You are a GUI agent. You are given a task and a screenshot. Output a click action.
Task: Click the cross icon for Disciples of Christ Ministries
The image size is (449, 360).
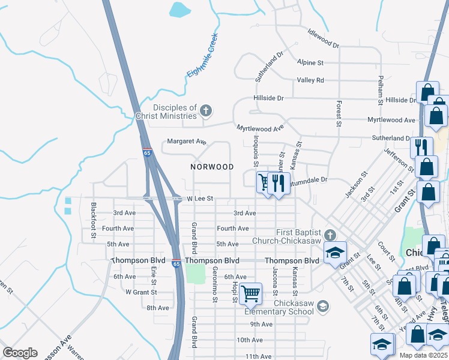click(x=206, y=110)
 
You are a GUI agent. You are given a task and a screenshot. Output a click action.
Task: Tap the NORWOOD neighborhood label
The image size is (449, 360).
click(x=212, y=166)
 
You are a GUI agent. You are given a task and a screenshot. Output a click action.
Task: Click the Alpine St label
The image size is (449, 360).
click(x=310, y=62)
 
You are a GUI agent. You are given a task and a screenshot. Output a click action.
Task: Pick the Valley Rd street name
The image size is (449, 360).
click(x=310, y=80)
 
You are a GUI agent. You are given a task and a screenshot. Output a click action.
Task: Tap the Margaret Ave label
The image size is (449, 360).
click(x=187, y=142)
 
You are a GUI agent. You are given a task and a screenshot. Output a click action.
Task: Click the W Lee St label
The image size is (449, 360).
click(x=200, y=198)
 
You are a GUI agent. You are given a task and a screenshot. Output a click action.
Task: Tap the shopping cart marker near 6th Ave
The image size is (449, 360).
click(x=250, y=294)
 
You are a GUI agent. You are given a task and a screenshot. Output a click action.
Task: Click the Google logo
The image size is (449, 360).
click(x=20, y=353)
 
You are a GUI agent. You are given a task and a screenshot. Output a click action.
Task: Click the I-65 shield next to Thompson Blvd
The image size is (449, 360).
click(x=176, y=263)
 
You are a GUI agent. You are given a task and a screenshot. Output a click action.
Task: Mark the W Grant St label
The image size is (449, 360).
click(x=140, y=292)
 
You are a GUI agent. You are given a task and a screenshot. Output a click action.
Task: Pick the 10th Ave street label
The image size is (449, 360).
click(x=249, y=340)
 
